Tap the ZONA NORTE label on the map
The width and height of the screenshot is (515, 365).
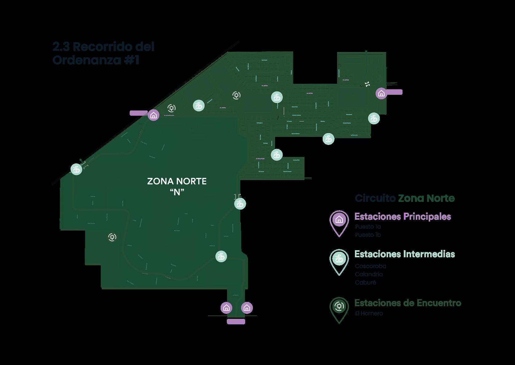tap(177, 181)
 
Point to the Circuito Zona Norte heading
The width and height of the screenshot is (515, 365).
tap(405, 198)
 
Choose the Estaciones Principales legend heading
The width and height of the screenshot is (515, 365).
tap(403, 217)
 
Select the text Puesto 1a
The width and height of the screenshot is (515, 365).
tap(368, 227)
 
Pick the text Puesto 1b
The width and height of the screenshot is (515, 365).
tap(368, 235)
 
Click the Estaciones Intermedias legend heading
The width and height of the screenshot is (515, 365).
tap(404, 254)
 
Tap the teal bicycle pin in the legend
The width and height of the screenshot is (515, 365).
tap(339, 260)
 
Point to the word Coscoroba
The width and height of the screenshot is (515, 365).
tap(370, 266)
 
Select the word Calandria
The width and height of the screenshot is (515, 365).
tap(369, 274)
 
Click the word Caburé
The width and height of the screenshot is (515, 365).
tap(365, 283)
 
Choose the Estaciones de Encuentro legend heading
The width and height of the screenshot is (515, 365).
tap(407, 303)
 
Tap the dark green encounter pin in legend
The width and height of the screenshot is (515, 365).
tap(339, 307)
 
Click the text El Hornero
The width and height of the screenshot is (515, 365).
tap(369, 314)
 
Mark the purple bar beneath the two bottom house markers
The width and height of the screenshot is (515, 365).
tap(236, 322)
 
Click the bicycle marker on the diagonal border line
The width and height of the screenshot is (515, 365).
tap(76, 169)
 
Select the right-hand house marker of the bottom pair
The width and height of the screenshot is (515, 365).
tap(247, 307)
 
